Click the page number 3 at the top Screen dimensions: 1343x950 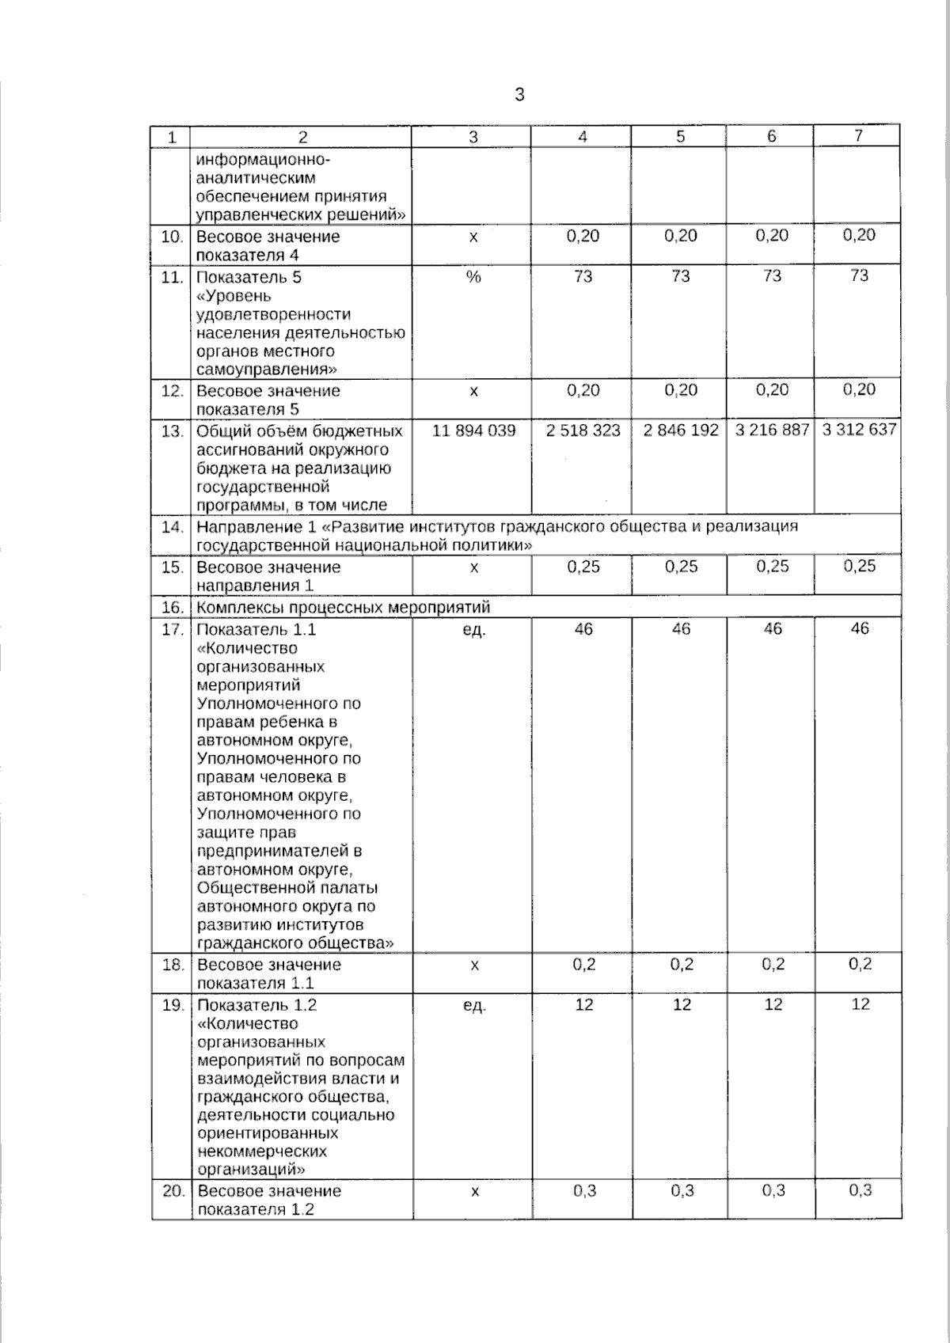coord(519,95)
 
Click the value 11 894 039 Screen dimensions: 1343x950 coord(473,431)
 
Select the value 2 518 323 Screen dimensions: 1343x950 coord(583,431)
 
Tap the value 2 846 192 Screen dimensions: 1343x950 coord(681,431)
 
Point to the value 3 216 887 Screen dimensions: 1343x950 coord(772,431)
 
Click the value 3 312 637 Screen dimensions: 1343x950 coord(859,430)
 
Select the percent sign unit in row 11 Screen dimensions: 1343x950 coord(473,277)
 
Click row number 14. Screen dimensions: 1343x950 coord(173,526)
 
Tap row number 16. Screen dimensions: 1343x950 coord(173,608)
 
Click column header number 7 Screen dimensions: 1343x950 coord(858,135)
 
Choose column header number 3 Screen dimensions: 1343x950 coord(473,136)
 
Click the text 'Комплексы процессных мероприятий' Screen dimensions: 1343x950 coord(343,608)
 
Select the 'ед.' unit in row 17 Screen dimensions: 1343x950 coord(473,631)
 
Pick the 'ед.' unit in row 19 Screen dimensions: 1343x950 coord(473,1006)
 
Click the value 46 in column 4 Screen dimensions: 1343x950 coord(583,629)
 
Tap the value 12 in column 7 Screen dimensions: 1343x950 coord(861,1004)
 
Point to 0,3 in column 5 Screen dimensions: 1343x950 coord(682,1191)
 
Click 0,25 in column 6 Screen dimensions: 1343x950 coord(772,567)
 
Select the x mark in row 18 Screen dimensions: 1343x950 coord(474,966)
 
